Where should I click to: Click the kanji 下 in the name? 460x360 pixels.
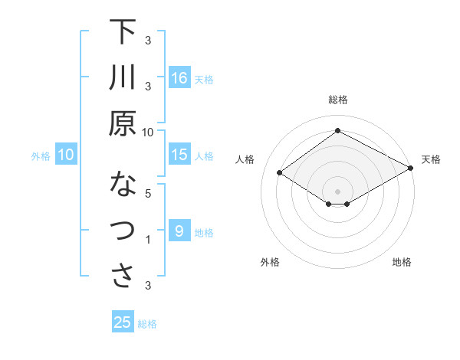123,33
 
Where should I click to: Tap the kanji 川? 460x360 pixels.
123,77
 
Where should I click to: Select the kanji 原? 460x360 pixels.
123,123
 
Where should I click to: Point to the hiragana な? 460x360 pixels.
123,185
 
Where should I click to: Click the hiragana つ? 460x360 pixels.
123,231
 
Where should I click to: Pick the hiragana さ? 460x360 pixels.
123,276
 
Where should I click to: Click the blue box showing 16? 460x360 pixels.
179,77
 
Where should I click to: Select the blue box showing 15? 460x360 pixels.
179,155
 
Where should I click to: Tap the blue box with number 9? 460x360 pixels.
179,231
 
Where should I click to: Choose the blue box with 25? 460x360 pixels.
123,322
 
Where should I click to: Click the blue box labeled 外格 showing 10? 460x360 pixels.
65,155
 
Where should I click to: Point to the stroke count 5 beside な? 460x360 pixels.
149,193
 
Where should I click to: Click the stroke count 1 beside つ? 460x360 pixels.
149,240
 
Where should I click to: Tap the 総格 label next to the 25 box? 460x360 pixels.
147,324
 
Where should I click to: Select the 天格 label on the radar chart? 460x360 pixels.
431,159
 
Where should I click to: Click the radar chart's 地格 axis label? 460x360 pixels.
402,262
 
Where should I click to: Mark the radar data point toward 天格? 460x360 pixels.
411,168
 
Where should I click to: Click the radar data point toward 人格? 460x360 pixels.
280,173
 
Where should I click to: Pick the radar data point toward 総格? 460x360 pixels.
337,131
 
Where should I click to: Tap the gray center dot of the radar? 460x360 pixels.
337,190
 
